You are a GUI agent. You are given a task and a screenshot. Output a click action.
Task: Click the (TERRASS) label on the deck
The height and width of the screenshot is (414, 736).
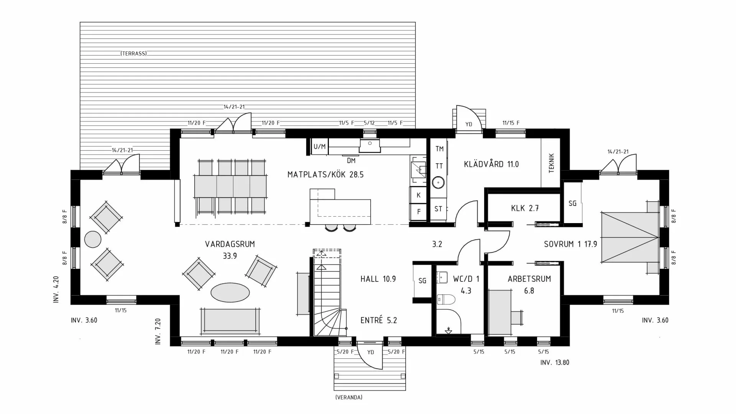point(133,54)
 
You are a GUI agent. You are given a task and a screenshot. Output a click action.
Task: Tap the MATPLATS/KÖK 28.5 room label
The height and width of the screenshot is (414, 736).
point(325,175)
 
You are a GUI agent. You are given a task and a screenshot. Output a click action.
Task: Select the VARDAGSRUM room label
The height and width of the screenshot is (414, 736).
point(230,244)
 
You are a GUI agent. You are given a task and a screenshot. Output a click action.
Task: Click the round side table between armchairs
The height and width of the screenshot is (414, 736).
point(93,240)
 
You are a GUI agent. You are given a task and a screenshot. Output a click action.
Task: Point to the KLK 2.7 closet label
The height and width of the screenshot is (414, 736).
point(525,209)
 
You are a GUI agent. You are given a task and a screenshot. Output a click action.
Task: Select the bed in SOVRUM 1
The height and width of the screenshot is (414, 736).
point(630,237)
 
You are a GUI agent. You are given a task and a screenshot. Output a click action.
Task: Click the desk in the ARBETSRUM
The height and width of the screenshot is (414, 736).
point(500,312)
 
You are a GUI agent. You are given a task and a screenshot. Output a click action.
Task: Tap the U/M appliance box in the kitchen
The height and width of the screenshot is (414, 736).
point(319,146)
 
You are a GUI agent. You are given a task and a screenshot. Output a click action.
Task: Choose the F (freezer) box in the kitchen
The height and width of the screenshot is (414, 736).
point(419,211)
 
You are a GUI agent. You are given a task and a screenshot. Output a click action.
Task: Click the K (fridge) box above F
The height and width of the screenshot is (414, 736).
point(419,195)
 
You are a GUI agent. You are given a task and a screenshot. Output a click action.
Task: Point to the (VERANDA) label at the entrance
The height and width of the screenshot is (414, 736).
point(348,398)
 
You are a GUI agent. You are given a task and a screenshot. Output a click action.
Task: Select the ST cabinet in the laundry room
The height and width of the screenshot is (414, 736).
point(438,209)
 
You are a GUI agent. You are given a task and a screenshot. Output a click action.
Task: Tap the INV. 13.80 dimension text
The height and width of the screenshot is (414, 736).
point(554,363)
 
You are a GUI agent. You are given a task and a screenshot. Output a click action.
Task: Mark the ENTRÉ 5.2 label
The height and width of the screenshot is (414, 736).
point(378,320)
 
